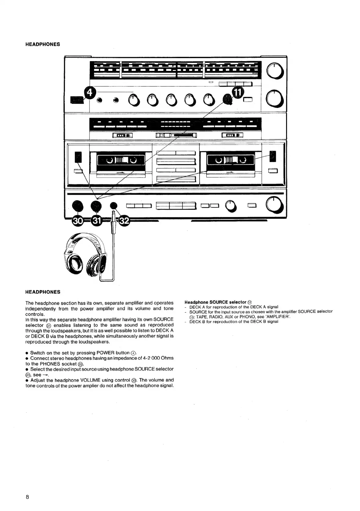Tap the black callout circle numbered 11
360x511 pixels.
238,91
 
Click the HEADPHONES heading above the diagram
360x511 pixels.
42,44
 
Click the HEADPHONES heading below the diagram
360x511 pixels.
42,292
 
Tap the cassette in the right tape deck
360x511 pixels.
231,160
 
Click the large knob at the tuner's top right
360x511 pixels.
275,72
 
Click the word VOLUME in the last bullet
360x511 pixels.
89,380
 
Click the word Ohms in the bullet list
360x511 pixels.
167,358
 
